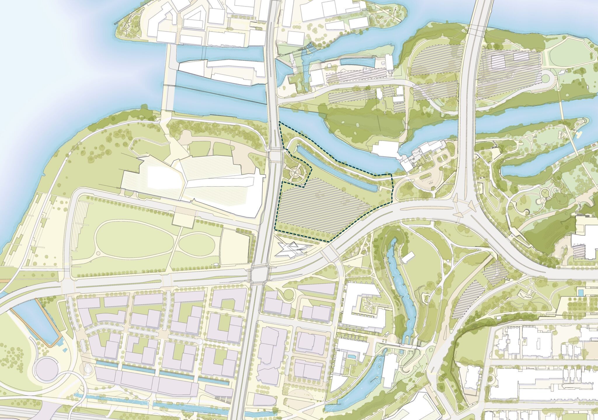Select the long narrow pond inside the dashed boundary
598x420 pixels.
[336, 169]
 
